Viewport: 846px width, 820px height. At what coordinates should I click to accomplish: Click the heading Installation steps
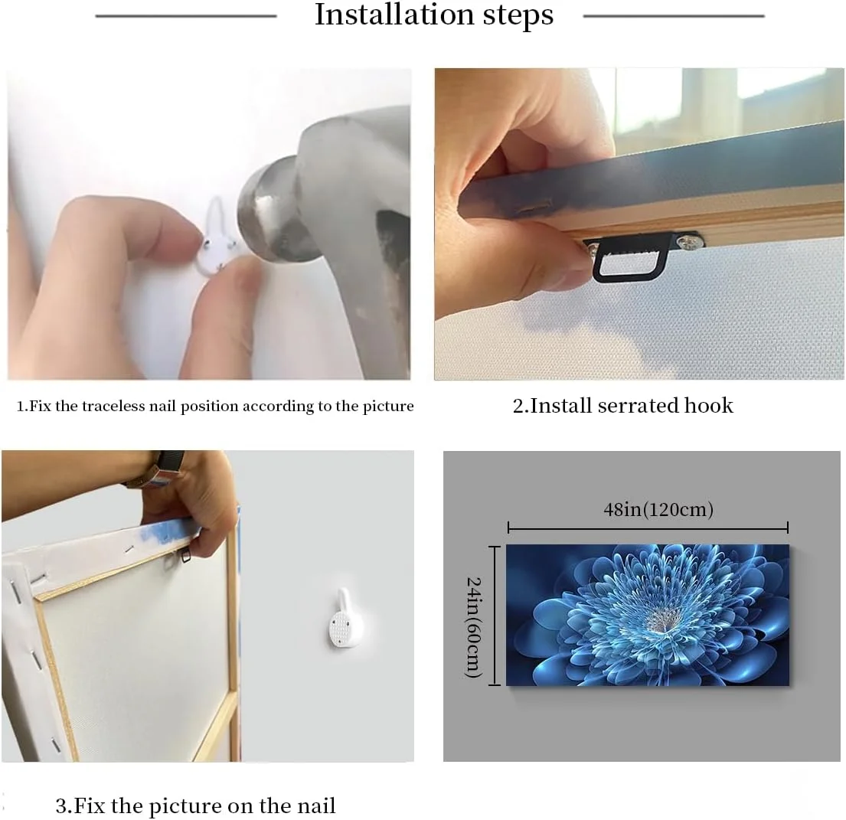click(x=434, y=15)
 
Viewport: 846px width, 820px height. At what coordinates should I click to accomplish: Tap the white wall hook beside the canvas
click(x=345, y=618)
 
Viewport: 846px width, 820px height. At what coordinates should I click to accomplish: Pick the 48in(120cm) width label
click(x=658, y=509)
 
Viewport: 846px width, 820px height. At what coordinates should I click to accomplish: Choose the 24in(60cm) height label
click(x=473, y=627)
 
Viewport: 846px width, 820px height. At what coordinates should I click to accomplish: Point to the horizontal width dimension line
click(x=648, y=528)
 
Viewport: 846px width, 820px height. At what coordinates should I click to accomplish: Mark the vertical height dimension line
click(x=495, y=616)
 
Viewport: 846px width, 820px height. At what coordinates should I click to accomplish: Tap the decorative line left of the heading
click(x=186, y=16)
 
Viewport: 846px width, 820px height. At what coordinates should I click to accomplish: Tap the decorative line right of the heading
click(x=674, y=16)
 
